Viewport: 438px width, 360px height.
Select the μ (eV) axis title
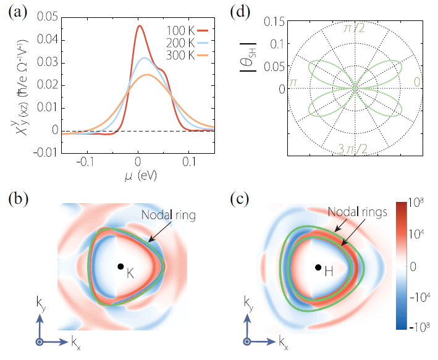[136, 178]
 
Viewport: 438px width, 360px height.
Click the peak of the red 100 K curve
[140, 26]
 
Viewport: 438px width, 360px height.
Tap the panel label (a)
[17, 12]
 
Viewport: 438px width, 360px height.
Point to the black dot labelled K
[120, 266]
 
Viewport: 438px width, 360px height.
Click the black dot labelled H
[318, 267]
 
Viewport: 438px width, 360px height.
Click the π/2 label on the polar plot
[355, 28]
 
